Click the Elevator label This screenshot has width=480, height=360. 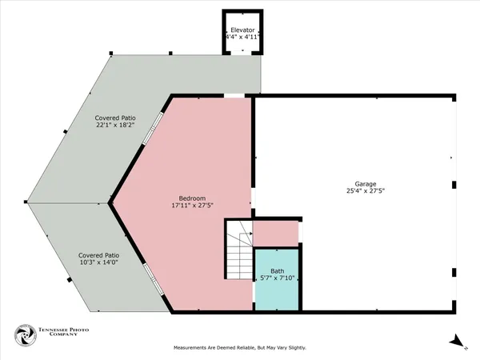(242, 29)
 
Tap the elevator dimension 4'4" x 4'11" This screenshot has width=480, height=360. (242, 37)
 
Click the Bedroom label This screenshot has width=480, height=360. (192, 198)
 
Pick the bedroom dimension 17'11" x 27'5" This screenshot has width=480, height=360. (192, 206)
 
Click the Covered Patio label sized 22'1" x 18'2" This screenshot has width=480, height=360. (115, 117)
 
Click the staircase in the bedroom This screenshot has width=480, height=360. (238, 250)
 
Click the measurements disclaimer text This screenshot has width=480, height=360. (240, 348)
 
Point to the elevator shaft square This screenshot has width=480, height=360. (242, 34)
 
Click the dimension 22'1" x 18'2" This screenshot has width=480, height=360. (115, 125)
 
